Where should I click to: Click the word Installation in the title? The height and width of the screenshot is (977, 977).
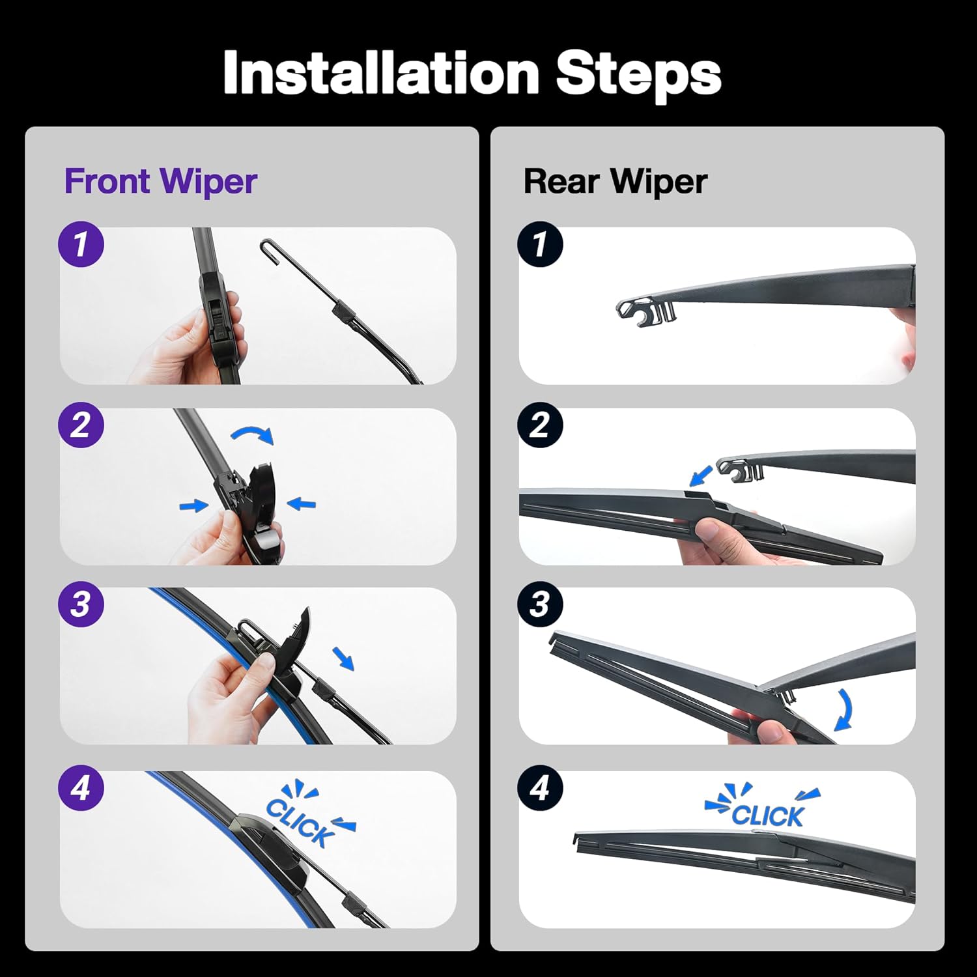381,73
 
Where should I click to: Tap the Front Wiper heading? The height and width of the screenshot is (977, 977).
160,181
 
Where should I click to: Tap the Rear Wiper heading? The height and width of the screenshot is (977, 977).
614,181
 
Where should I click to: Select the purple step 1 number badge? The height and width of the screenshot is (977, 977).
81,244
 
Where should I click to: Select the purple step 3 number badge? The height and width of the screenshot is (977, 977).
81,604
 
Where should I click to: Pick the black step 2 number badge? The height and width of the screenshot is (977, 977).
540,425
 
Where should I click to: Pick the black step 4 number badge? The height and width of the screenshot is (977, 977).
540,788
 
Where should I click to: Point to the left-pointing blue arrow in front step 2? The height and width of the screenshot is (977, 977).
302,503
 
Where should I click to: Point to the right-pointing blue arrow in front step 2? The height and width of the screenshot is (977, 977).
193,505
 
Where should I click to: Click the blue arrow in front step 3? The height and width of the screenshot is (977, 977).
343,658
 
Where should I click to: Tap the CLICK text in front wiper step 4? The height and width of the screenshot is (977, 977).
300,822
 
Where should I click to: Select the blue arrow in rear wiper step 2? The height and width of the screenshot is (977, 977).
700,475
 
